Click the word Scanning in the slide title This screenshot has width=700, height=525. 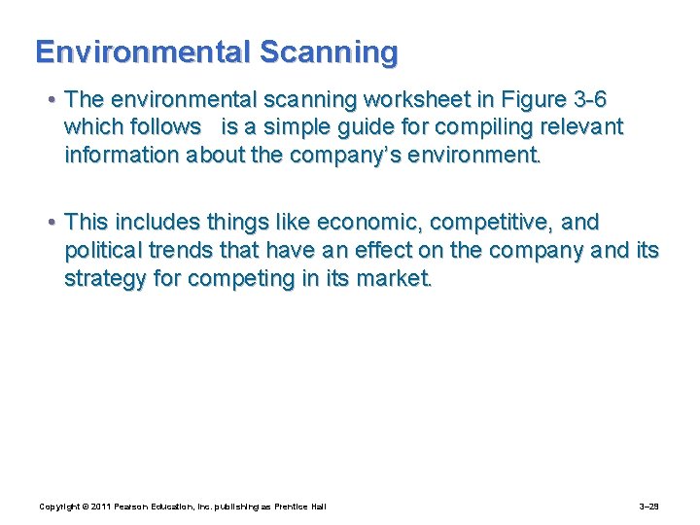coord(331,52)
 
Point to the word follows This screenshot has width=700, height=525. coord(164,127)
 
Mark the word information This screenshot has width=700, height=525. coord(123,155)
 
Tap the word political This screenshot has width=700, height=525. coord(102,251)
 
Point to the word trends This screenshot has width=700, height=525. coord(185,251)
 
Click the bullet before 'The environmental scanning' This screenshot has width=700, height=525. coord(52,100)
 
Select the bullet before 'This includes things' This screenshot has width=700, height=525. coord(52,223)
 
